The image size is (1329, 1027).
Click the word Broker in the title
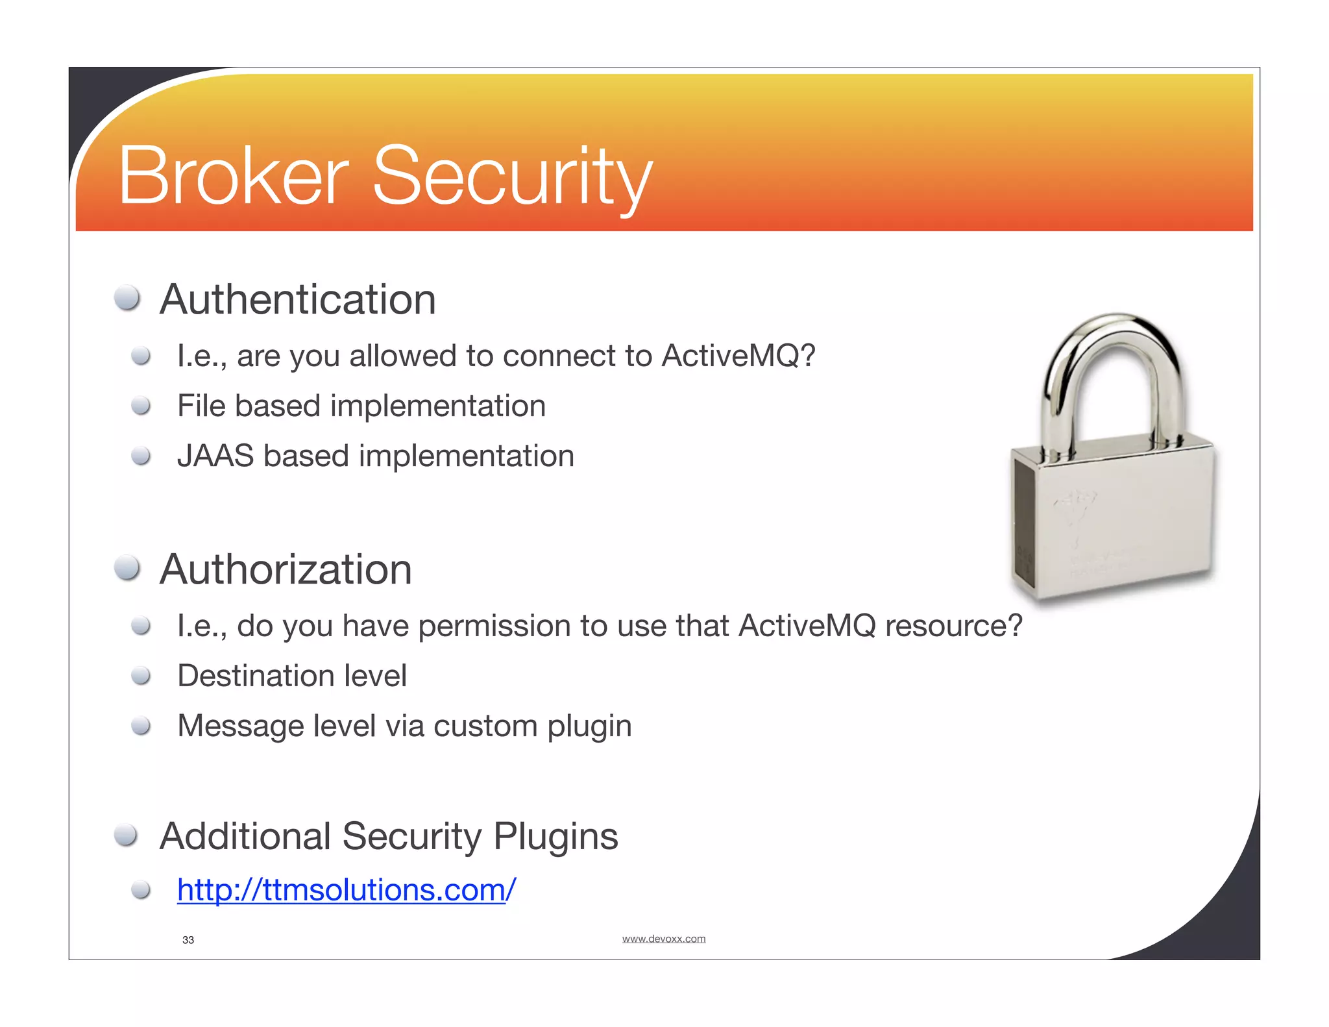click(233, 177)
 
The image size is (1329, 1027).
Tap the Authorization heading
click(286, 569)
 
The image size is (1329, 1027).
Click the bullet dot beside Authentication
click(127, 298)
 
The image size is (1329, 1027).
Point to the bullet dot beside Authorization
click(127, 568)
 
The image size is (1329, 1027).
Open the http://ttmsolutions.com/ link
click(347, 889)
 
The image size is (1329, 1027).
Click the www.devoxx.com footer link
click(663, 939)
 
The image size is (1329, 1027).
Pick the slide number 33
click(188, 940)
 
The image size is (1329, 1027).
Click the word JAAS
click(215, 456)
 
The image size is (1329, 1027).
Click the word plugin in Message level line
click(589, 726)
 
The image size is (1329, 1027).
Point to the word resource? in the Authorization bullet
click(953, 626)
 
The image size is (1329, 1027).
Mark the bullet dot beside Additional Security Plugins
click(126, 835)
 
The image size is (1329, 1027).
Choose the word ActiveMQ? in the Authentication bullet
click(738, 356)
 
